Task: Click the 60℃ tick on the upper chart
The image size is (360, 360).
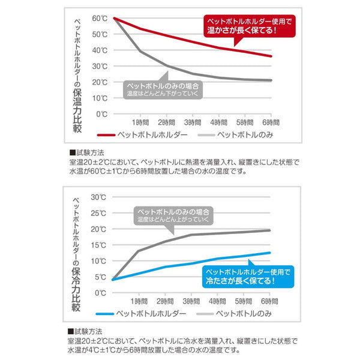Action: coord(100,18)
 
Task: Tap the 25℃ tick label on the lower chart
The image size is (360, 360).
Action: coord(100,212)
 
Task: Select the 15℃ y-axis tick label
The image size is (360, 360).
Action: coord(100,245)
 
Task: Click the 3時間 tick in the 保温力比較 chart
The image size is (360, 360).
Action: coord(193,122)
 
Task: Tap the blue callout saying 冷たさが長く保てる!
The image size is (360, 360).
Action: coord(246,277)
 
